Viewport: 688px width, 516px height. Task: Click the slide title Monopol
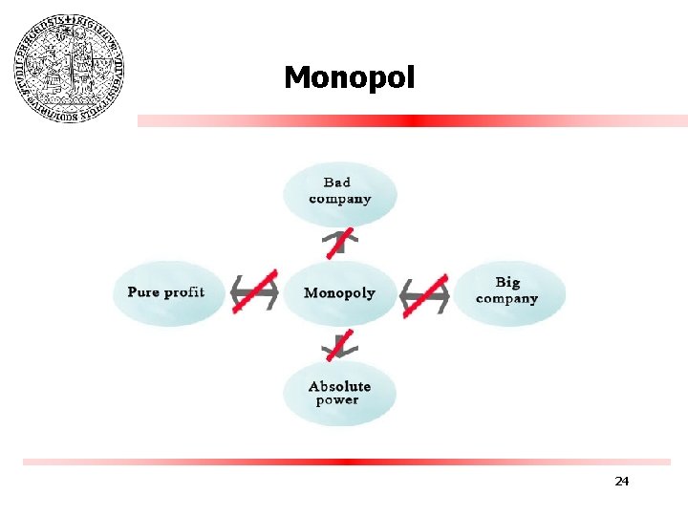[x=349, y=77]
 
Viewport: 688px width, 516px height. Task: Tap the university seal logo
[x=69, y=68]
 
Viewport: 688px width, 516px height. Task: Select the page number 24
[x=621, y=481]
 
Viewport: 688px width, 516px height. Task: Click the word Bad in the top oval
[x=336, y=183]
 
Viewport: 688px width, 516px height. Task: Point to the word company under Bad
[x=339, y=199]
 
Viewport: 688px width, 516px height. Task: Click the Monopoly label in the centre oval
[x=339, y=292]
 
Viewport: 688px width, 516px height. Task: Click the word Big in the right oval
[x=507, y=282]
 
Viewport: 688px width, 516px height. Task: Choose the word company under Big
[x=506, y=298]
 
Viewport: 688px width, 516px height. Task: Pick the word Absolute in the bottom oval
[x=339, y=386]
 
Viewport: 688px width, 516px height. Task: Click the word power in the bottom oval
[x=337, y=400]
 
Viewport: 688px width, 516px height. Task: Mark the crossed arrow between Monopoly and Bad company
[x=339, y=243]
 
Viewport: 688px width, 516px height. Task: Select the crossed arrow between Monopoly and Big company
[x=424, y=295]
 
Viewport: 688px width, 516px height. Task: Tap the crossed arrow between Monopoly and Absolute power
[x=339, y=344]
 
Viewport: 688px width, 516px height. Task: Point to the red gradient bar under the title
[x=412, y=121]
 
